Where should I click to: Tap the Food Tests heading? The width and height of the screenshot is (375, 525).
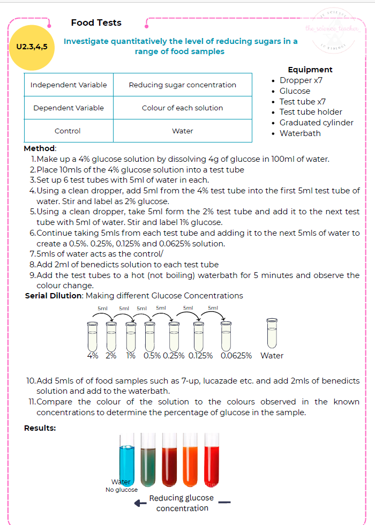pyautogui.click(x=96, y=22)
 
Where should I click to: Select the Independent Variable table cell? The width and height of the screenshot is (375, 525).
pyautogui.click(x=69, y=85)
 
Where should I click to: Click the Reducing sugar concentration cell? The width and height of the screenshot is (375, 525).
pyautogui.click(x=182, y=85)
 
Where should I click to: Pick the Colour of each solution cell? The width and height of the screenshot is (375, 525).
pyautogui.click(x=182, y=108)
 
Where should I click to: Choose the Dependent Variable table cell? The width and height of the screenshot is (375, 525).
pyautogui.click(x=69, y=108)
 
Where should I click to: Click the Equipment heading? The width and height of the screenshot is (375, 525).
pyautogui.click(x=310, y=70)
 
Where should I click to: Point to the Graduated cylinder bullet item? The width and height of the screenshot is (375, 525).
pyautogui.click(x=316, y=123)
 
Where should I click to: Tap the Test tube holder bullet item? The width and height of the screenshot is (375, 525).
pyautogui.click(x=310, y=112)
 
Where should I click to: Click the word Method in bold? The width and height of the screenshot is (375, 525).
pyautogui.click(x=39, y=148)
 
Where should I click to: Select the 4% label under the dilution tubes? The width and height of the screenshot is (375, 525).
pyautogui.click(x=93, y=355)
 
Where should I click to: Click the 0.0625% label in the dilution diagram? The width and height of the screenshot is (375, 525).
pyautogui.click(x=236, y=355)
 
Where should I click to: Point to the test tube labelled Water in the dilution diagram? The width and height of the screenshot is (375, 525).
pyautogui.click(x=272, y=333)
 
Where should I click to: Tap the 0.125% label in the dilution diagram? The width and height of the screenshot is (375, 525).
pyautogui.click(x=200, y=355)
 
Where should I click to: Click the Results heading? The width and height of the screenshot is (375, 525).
pyautogui.click(x=40, y=427)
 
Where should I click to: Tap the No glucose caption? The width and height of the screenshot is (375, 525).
pyautogui.click(x=122, y=490)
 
